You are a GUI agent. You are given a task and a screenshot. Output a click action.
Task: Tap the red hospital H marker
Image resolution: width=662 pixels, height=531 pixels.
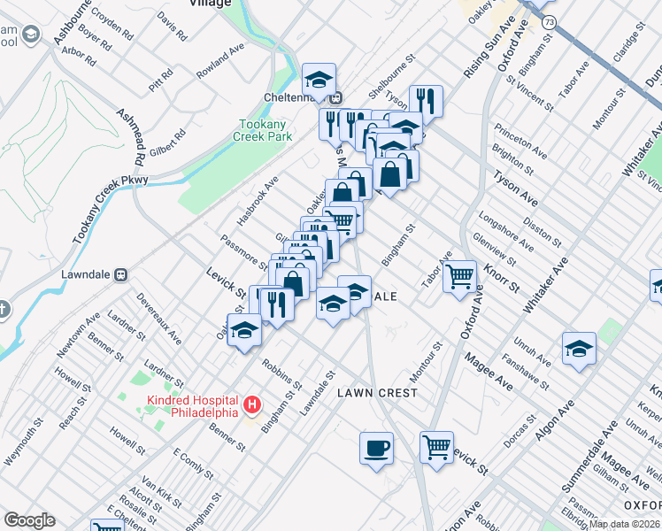tap(252, 406)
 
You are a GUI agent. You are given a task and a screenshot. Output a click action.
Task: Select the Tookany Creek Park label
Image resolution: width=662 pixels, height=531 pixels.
tap(262, 132)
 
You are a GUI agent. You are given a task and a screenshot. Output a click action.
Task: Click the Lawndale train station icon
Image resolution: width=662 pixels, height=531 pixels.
tap(125, 274)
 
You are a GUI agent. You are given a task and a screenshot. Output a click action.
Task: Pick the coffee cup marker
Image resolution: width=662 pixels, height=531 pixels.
tap(376, 448)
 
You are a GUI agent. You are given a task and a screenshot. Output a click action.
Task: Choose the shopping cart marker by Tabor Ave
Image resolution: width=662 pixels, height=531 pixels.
tap(459, 276)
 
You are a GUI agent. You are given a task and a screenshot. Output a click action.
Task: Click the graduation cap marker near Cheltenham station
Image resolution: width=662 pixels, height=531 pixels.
tap(319, 80)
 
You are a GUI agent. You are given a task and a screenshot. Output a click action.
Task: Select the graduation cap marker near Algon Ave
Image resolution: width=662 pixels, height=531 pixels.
tap(579, 349)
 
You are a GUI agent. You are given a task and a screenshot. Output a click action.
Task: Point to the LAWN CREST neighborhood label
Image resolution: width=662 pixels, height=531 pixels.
tap(370, 393)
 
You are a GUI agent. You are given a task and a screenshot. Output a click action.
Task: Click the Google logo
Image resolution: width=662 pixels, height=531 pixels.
tap(29, 520)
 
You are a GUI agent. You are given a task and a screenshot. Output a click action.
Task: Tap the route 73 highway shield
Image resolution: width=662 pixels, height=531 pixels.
tap(550, 22)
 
